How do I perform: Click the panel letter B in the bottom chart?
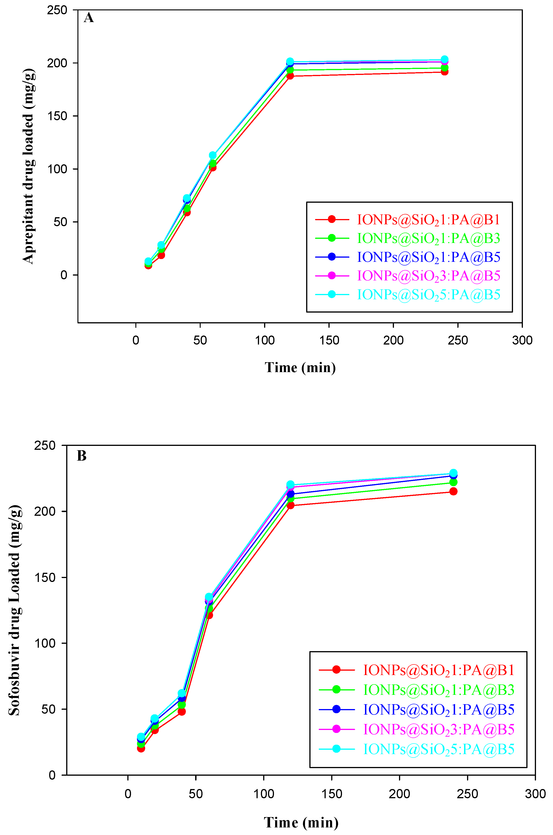click(x=81, y=456)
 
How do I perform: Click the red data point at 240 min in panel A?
click(x=444, y=71)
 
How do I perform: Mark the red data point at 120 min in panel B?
click(x=290, y=505)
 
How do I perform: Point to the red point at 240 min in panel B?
click(x=453, y=491)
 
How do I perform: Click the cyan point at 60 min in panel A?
click(x=213, y=155)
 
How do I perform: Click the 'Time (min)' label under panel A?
click(x=300, y=368)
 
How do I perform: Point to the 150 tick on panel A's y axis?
click(x=57, y=116)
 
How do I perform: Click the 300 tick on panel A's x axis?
click(x=522, y=340)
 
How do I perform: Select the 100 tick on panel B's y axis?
click(x=45, y=643)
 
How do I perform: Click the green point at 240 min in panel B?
click(x=453, y=482)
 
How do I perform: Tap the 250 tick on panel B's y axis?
click(x=45, y=445)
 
